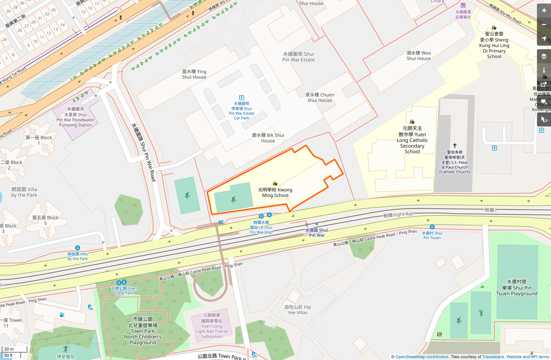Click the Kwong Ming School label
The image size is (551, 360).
(275, 193)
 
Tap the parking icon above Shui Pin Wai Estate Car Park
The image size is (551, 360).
(242, 98)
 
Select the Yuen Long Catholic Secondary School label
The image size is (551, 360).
(412, 140)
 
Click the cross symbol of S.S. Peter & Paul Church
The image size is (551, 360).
(455, 145)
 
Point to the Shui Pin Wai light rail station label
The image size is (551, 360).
(316, 233)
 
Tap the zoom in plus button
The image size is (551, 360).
(544, 11)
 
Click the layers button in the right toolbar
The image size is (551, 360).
(544, 56)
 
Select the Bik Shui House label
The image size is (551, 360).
(268, 138)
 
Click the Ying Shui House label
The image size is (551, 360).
(194, 74)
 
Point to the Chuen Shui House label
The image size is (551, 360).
(320, 97)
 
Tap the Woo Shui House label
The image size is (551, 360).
(419, 56)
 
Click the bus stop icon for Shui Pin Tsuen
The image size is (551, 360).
(432, 227)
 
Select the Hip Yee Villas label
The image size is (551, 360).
(297, 310)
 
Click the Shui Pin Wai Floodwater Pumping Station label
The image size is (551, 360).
(75, 117)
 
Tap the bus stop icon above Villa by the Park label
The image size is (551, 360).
(78, 248)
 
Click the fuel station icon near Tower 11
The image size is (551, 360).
(62, 315)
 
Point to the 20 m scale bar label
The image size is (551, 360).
(9, 349)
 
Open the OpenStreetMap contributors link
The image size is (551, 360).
(422, 357)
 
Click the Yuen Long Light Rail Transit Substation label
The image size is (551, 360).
(211, 326)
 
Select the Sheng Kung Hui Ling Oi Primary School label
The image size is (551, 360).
(494, 45)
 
